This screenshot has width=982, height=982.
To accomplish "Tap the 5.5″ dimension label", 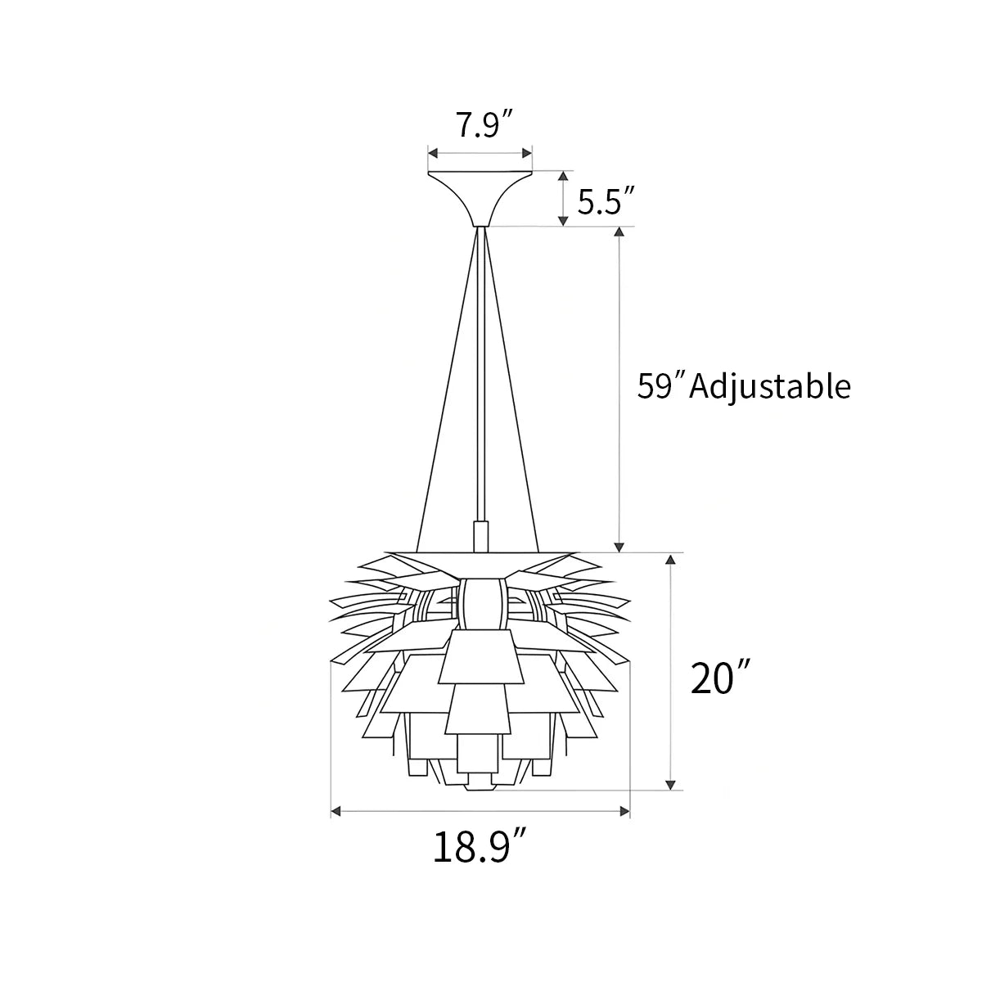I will (x=606, y=200).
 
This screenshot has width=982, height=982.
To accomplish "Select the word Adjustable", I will (x=770, y=385).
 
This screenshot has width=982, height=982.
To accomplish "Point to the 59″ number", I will (x=661, y=385).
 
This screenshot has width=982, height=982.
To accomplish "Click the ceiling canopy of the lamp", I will (x=480, y=194).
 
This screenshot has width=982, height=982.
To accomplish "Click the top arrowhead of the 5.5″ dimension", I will (x=563, y=177).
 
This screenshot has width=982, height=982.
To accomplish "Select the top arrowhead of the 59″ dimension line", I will (x=620, y=233).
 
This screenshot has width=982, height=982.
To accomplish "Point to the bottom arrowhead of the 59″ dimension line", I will (x=620, y=544).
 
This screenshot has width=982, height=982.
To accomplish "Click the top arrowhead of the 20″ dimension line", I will (x=671, y=561).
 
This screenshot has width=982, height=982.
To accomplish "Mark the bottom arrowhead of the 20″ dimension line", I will (x=671, y=783).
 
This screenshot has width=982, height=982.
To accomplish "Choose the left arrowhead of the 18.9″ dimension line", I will (x=336, y=812).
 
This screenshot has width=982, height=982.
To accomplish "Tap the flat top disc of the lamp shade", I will (x=480, y=552).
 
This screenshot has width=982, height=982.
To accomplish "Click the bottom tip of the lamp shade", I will (x=480, y=787).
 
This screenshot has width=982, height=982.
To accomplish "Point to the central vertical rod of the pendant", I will (x=480, y=368).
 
